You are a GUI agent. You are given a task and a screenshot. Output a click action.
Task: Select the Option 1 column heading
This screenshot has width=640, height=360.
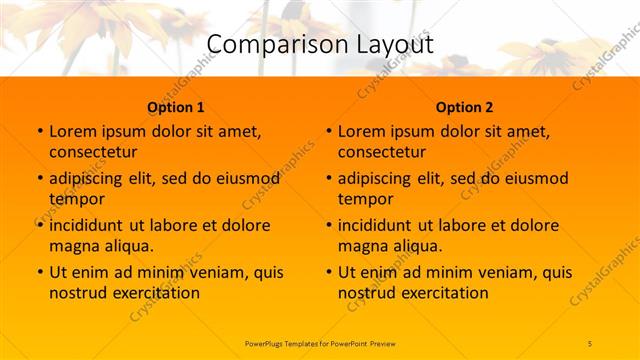pos(176,107)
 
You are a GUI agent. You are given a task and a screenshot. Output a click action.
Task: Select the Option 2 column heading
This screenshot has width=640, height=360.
pos(465,107)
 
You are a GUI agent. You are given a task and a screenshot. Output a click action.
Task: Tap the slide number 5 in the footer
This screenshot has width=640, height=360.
pos(590,343)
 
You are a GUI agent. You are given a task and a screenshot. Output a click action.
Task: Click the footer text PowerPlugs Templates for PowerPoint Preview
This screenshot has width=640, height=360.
pos(320,343)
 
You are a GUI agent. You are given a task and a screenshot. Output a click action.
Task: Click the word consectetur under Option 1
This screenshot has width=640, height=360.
pos(94,152)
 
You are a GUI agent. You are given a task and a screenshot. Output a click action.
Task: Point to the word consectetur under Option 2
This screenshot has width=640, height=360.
pos(383,152)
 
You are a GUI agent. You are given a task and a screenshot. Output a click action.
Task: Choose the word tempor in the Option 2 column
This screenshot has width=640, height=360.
pos(366,198)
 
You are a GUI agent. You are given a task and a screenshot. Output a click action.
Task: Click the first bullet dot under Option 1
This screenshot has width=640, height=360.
pos(39,132)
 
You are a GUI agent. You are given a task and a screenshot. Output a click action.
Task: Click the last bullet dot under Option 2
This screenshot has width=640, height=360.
pos(328,273)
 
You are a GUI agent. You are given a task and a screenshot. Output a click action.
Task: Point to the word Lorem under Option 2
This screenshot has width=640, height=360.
pos(362,131)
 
